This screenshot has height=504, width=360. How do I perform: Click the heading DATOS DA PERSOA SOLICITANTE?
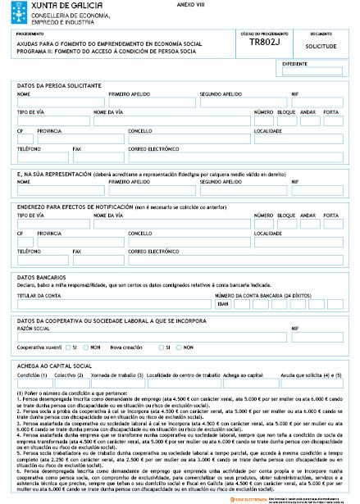[x=59, y=85]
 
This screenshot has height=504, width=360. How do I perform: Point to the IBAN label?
[x=221, y=303]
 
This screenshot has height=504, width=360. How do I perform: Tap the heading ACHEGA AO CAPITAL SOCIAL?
[x=56, y=365]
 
